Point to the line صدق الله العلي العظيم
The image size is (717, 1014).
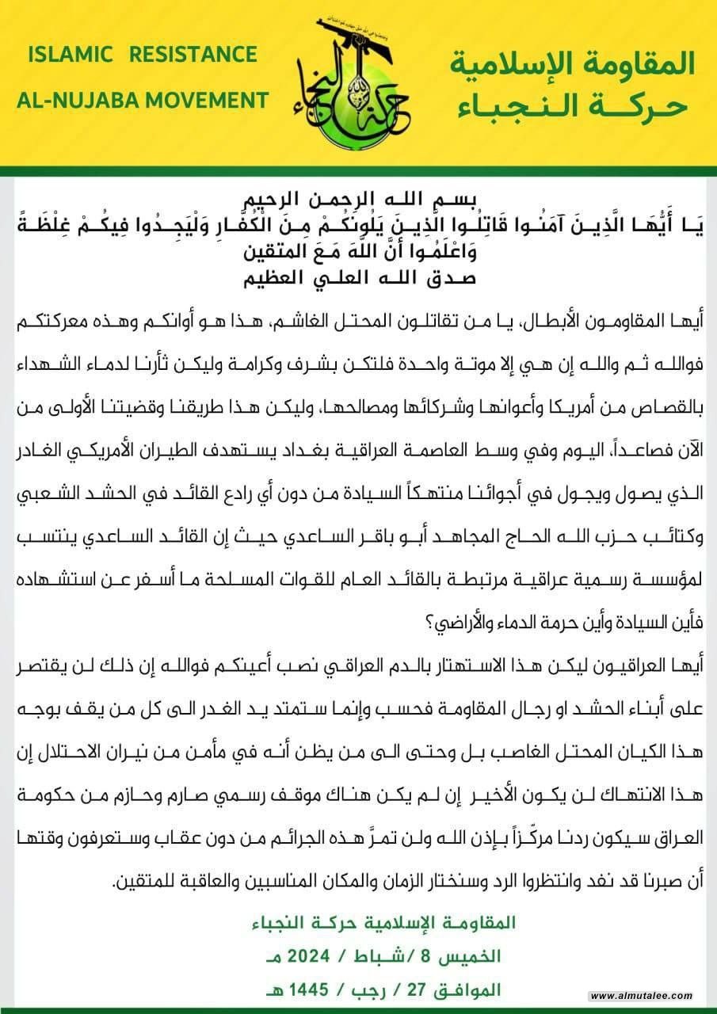click(357, 278)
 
